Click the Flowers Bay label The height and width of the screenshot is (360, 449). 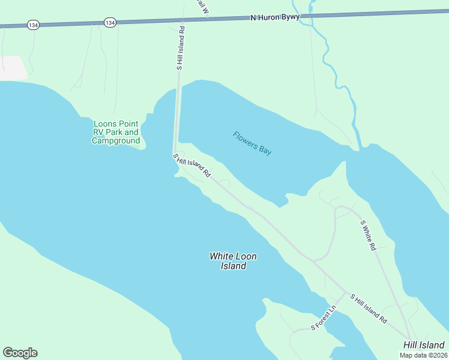pyautogui.click(x=252, y=143)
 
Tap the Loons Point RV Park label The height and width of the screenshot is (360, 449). pyautogui.click(x=116, y=133)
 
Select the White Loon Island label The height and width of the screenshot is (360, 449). pyautogui.click(x=233, y=261)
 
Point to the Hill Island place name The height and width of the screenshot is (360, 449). pyautogui.click(x=424, y=345)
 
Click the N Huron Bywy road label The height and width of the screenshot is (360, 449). pyautogui.click(x=274, y=18)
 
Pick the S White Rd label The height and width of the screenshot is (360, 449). pyautogui.click(x=368, y=235)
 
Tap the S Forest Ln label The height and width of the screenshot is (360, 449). pyautogui.click(x=324, y=318)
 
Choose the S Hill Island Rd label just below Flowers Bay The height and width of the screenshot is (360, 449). pyautogui.click(x=192, y=166)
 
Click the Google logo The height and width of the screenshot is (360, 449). pyautogui.click(x=20, y=353)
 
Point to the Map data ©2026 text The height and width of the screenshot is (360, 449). pyautogui.click(x=423, y=355)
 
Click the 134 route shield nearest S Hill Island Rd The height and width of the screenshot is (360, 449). pyautogui.click(x=109, y=22)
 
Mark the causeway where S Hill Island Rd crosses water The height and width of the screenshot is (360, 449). pyautogui.click(x=177, y=117)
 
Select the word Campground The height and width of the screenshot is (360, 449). pyautogui.click(x=116, y=141)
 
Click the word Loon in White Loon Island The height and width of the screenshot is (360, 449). pyautogui.click(x=246, y=256)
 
